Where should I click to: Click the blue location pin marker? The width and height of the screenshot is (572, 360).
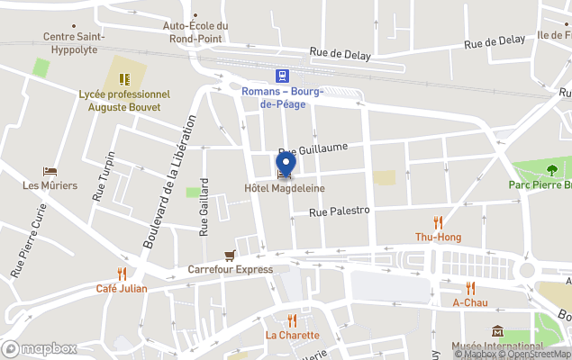click(286, 165)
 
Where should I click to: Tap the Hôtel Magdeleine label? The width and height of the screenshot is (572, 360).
click(285, 188)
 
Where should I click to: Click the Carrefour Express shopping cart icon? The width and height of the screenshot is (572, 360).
click(231, 255)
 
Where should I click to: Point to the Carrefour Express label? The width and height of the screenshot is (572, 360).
click(230, 269)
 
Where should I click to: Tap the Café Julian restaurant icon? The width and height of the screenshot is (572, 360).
click(122, 274)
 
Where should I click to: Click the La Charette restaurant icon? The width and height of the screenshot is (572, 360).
click(292, 320)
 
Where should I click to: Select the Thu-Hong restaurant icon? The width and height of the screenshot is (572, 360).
click(438, 222)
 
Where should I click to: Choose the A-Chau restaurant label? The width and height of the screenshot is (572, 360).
click(470, 303)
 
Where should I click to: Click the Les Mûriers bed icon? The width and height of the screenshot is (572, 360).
click(50, 171)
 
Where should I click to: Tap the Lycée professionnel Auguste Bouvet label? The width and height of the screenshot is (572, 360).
click(124, 100)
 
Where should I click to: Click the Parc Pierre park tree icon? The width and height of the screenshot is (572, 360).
click(553, 169)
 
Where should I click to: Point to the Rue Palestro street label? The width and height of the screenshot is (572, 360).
click(340, 211)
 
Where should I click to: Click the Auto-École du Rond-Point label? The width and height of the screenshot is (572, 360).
click(195, 31)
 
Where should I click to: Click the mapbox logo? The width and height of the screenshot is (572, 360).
click(40, 348)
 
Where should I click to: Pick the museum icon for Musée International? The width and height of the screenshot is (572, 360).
click(497, 332)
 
